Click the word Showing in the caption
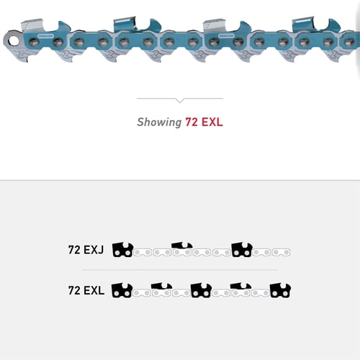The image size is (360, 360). pyautogui.click(x=158, y=122)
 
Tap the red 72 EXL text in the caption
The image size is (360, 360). pyautogui.click(x=204, y=122)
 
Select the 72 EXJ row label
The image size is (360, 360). pyautogui.click(x=86, y=251)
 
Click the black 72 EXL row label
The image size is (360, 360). pyautogui.click(x=86, y=291)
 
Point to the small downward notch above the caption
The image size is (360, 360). pyautogui.click(x=180, y=100)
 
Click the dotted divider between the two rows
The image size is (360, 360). pyautogui.click(x=180, y=270)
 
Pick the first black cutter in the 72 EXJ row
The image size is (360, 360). pyautogui.click(x=122, y=251)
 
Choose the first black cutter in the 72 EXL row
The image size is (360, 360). pyautogui.click(x=122, y=291)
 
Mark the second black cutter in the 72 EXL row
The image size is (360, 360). pyautogui.click(x=161, y=289)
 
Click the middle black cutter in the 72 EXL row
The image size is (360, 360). pyautogui.click(x=200, y=291)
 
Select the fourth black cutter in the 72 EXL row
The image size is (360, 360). pyautogui.click(x=240, y=289)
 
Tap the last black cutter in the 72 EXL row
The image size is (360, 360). pyautogui.click(x=279, y=291)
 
